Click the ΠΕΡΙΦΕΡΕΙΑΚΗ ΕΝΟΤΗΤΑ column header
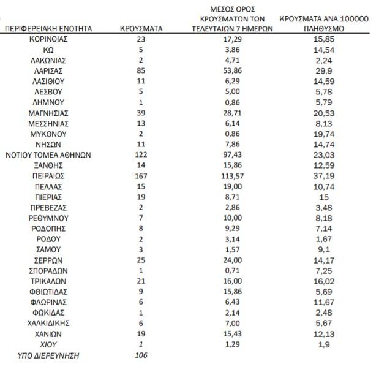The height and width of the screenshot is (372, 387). coord(48,28)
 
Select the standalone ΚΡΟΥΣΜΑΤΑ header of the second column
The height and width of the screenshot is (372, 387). coord(141,28)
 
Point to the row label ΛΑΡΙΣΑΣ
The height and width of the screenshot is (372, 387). coord(48,70)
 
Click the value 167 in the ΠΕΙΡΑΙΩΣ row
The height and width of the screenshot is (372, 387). coord(141,175)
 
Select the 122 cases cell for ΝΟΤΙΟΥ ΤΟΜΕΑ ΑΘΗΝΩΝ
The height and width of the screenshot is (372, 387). coord(141,154)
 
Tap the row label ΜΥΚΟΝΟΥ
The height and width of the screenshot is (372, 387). coord(48,134)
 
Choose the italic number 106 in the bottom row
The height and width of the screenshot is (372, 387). coord(141,355)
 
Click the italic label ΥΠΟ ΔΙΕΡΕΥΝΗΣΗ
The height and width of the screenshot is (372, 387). coord(48,355)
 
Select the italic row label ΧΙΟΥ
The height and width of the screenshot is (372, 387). coord(48,344)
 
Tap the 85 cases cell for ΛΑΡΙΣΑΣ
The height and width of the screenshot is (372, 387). coord(141,70)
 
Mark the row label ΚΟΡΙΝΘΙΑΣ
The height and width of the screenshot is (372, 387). coord(48,39)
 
